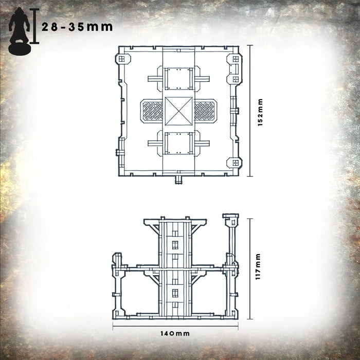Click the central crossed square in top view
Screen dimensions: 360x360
tap(179, 111)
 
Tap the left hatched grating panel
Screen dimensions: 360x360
tap(153, 111)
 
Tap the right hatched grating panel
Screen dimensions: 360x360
tap(206, 111)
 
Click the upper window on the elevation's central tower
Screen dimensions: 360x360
tap(175, 243)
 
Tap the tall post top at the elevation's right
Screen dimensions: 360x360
tap(229, 220)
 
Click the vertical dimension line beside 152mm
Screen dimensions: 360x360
tap(250, 111)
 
